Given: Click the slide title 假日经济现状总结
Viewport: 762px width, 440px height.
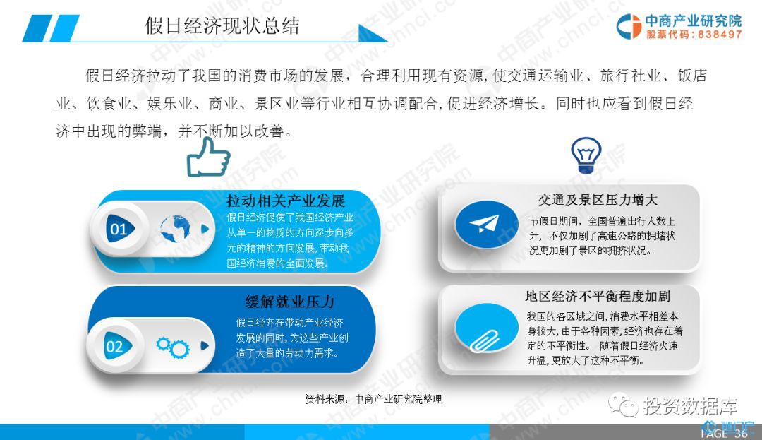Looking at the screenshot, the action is point(222,25).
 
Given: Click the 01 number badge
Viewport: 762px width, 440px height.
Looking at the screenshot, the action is point(119,229).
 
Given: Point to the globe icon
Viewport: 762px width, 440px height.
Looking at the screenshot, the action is point(176,229).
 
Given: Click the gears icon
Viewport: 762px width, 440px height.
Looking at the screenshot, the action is point(173,347).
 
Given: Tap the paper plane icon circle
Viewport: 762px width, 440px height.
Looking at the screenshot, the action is point(486,224).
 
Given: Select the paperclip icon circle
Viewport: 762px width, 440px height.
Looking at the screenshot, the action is point(486,328).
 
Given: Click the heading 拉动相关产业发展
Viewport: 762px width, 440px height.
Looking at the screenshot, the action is point(286,201).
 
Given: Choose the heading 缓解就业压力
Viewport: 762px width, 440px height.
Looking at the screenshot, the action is point(290,302).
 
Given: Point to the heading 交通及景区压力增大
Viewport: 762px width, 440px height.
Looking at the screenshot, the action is point(598,200).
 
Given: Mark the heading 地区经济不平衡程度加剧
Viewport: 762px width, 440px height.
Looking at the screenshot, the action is point(598,296).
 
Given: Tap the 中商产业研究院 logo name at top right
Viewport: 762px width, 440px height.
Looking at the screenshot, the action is point(694,20).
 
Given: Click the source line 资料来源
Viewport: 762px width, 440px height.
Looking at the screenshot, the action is point(373,399).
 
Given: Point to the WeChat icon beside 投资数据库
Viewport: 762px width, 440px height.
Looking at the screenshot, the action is point(623,405).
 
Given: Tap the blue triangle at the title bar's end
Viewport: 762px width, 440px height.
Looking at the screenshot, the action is point(372,33).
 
